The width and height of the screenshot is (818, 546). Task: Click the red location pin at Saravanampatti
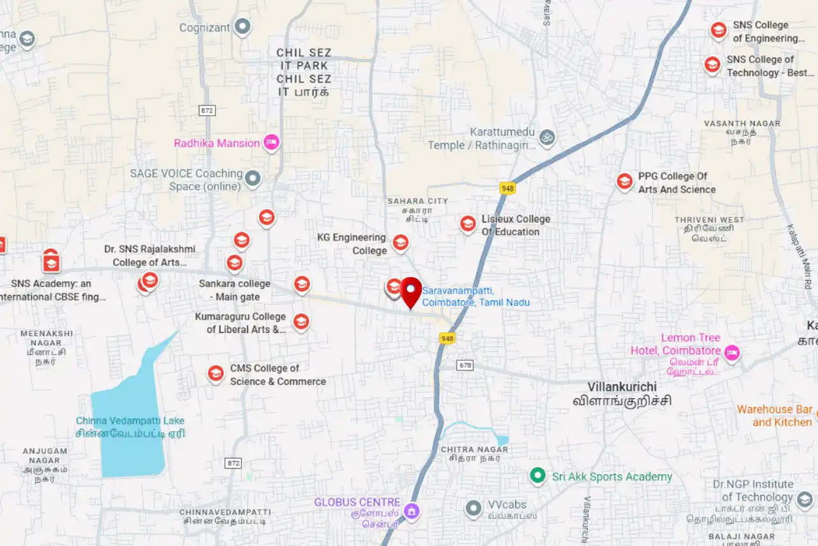[411, 291]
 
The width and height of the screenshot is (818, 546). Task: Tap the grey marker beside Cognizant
[242, 27]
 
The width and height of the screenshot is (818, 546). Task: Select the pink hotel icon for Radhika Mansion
[272, 143]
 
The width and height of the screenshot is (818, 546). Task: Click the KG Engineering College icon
[401, 242]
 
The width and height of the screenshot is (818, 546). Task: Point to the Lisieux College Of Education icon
[468, 224]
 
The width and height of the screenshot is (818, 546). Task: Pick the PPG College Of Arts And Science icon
[624, 182]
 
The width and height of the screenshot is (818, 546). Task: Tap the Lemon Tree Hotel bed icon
[732, 352]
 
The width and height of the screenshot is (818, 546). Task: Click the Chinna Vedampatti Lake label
[130, 421]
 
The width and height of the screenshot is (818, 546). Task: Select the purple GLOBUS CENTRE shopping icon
[412, 511]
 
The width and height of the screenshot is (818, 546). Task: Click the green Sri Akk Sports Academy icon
[537, 476]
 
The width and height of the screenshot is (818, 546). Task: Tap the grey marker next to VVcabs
[474, 508]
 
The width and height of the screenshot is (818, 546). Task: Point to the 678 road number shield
[465, 365]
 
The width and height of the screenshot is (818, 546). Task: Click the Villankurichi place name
[622, 387]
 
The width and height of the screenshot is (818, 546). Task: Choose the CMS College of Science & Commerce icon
[216, 374]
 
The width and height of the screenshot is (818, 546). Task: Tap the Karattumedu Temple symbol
[547, 137]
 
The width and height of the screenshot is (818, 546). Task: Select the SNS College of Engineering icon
[719, 30]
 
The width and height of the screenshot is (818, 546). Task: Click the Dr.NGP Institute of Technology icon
[805, 498]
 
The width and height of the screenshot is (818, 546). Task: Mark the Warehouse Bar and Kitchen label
[775, 416]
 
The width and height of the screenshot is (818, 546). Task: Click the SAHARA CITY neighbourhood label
[418, 201]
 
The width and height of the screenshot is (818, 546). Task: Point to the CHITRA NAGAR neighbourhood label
[474, 449]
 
